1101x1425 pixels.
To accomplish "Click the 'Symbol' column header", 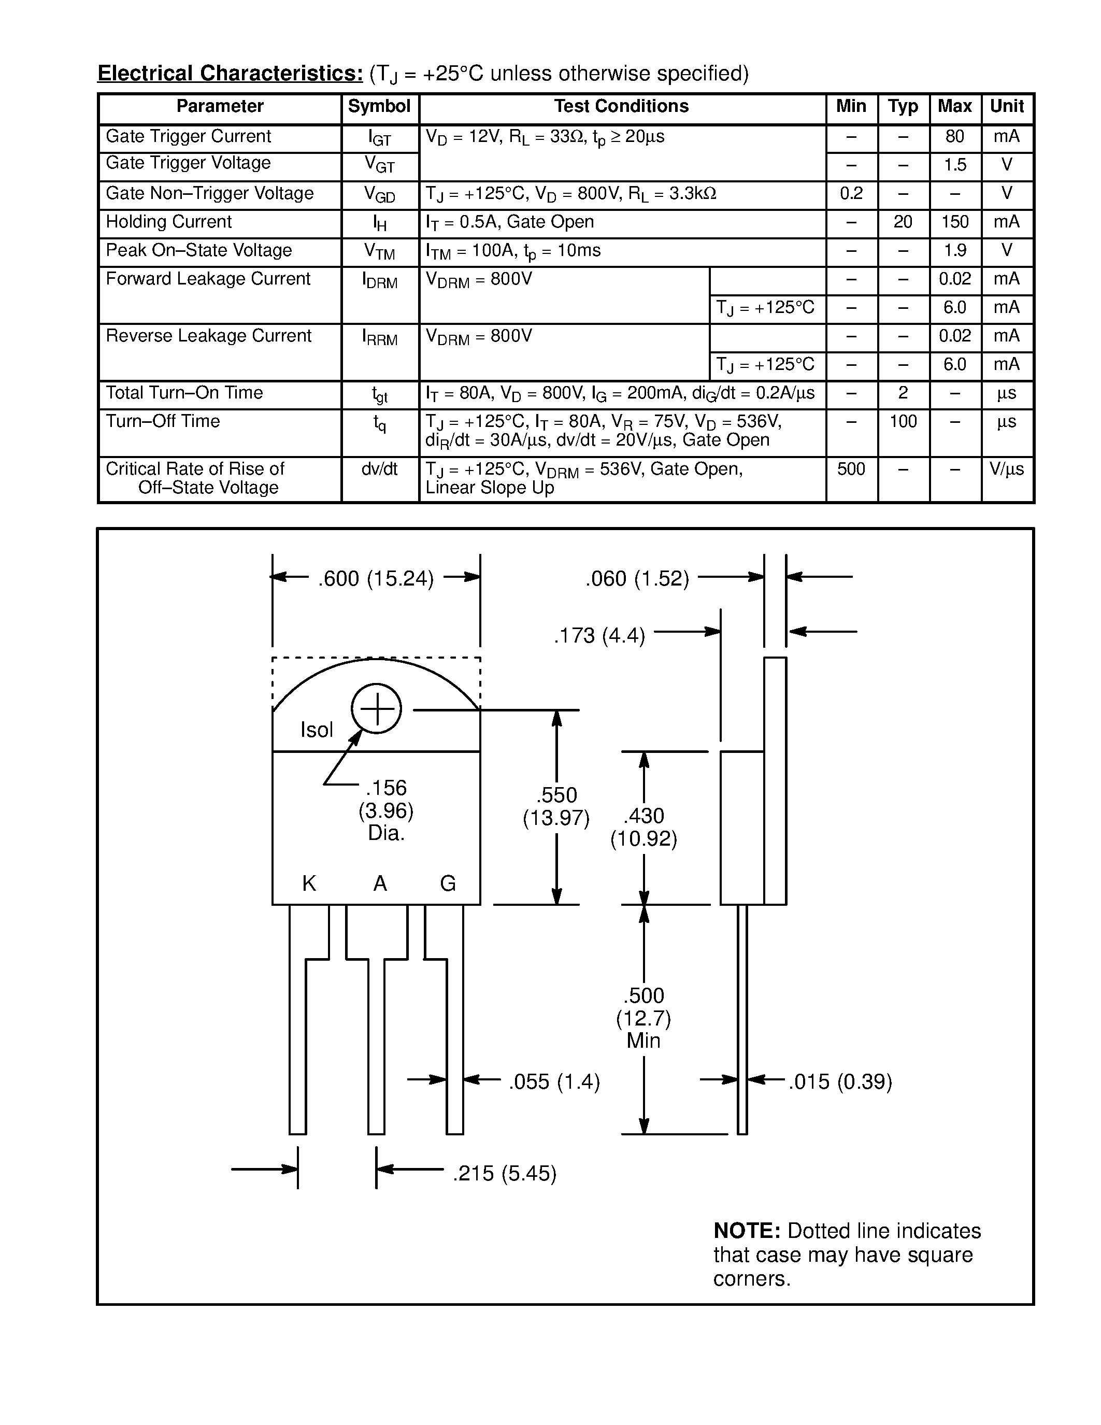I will click(x=379, y=106).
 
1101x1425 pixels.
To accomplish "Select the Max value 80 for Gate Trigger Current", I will click(x=954, y=136).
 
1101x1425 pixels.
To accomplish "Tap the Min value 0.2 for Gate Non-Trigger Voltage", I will click(x=851, y=193).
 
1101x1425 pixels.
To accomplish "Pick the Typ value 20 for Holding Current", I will click(x=903, y=222).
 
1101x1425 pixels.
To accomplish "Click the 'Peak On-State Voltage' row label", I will click(x=199, y=251).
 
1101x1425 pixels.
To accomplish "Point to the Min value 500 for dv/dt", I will click(x=851, y=469).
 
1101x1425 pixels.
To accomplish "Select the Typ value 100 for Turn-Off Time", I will click(x=903, y=421).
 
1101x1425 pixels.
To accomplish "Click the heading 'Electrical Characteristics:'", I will click(x=230, y=74).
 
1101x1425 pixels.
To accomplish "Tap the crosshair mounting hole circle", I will click(x=376, y=708).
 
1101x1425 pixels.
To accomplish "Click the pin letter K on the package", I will click(x=309, y=883).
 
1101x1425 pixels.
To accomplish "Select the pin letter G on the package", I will click(x=448, y=883).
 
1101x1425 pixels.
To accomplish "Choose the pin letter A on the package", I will click(x=380, y=883).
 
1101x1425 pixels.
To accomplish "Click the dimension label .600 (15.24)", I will click(x=376, y=579).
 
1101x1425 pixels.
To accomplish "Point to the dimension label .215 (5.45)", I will click(x=505, y=1174).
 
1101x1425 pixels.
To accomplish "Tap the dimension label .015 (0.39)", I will click(x=840, y=1082).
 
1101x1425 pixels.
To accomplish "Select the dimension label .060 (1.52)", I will click(x=637, y=579).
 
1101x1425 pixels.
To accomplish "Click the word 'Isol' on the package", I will click(x=317, y=730).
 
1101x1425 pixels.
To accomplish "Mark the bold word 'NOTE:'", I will click(x=747, y=1231).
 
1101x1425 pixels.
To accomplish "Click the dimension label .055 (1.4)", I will click(x=554, y=1082).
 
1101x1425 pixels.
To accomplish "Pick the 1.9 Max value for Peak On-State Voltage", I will click(x=954, y=251).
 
